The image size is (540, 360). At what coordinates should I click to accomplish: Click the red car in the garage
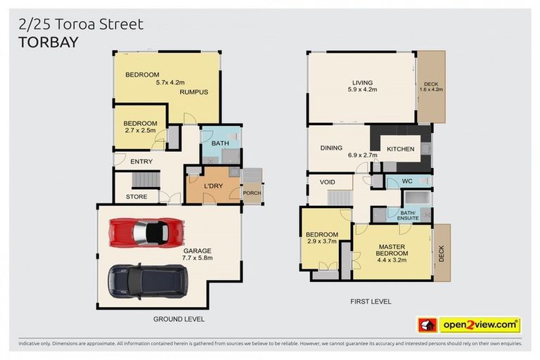[x=146, y=231]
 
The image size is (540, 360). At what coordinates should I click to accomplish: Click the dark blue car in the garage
[x=146, y=280]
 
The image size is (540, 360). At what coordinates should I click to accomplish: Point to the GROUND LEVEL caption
[x=179, y=319]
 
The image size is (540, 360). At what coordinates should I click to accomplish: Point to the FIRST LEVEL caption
[x=371, y=302]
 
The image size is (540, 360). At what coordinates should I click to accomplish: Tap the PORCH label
[x=251, y=193]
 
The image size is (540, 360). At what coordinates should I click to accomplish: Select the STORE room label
[x=136, y=197]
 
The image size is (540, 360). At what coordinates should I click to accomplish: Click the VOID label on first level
[x=327, y=182]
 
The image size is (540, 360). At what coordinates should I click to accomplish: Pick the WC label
[x=407, y=182]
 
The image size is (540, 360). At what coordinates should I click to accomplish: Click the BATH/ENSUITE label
[x=408, y=214]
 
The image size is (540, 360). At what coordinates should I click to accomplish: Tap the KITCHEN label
[x=400, y=149]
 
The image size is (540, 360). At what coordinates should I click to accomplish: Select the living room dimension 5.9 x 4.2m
[x=363, y=90]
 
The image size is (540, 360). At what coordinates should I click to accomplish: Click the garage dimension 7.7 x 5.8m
[x=197, y=258]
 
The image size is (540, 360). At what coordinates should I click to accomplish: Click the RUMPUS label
[x=193, y=92]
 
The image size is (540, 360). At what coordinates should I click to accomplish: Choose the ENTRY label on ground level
[x=141, y=162]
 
